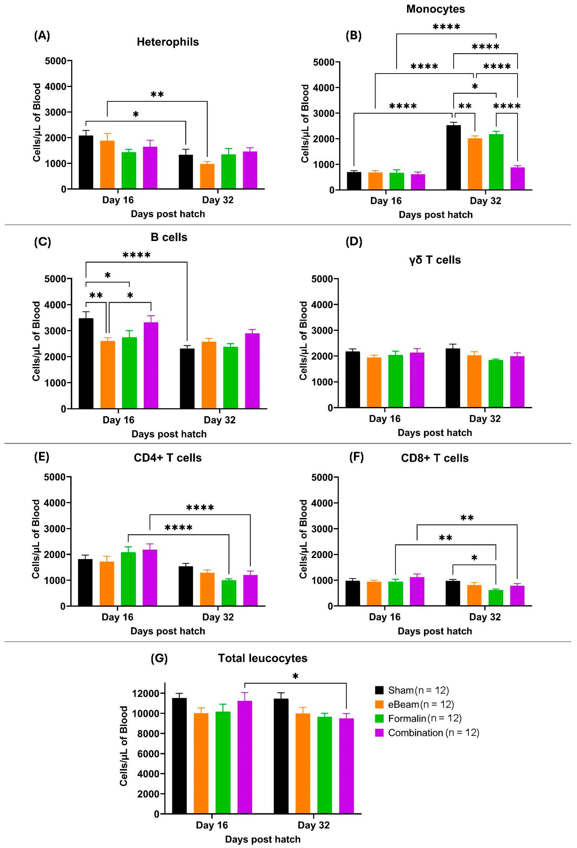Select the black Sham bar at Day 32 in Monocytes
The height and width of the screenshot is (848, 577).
[453, 158]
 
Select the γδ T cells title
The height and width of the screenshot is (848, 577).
[435, 260]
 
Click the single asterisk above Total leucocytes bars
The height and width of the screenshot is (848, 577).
[295, 676]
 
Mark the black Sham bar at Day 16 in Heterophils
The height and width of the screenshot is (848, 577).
[86, 162]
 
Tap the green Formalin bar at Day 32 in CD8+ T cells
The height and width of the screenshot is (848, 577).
[496, 598]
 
